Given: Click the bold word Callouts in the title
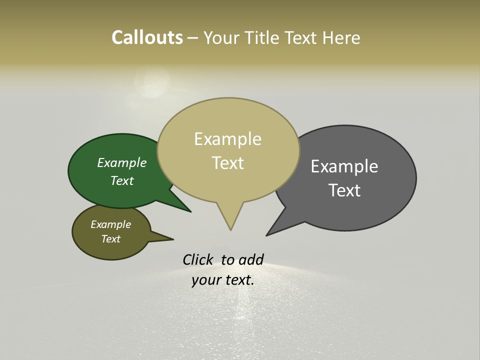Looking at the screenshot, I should point(147,37).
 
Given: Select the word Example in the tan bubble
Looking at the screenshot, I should point(227,139).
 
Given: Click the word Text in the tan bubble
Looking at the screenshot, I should point(227,163).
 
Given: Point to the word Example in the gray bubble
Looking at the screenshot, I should point(344,166).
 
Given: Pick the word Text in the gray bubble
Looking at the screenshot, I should point(344,190).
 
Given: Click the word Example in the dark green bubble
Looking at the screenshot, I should point(121,162).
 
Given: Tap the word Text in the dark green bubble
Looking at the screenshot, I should point(121,180).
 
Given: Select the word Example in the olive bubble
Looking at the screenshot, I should point(110,224).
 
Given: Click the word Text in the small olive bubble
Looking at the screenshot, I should point(110,239).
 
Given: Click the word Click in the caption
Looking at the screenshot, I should point(197,259).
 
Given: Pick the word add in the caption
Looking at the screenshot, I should point(251,259).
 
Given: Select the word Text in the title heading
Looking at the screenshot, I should point(302,38).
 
